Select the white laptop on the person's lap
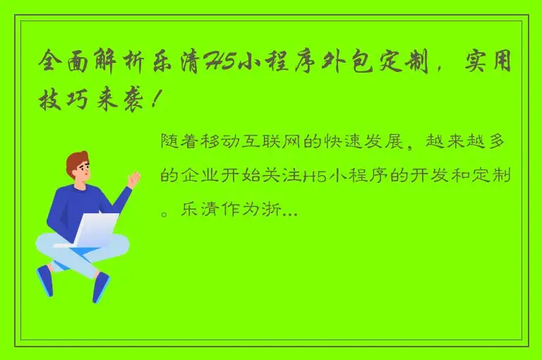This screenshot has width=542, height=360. pyautogui.click(x=92, y=230)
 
